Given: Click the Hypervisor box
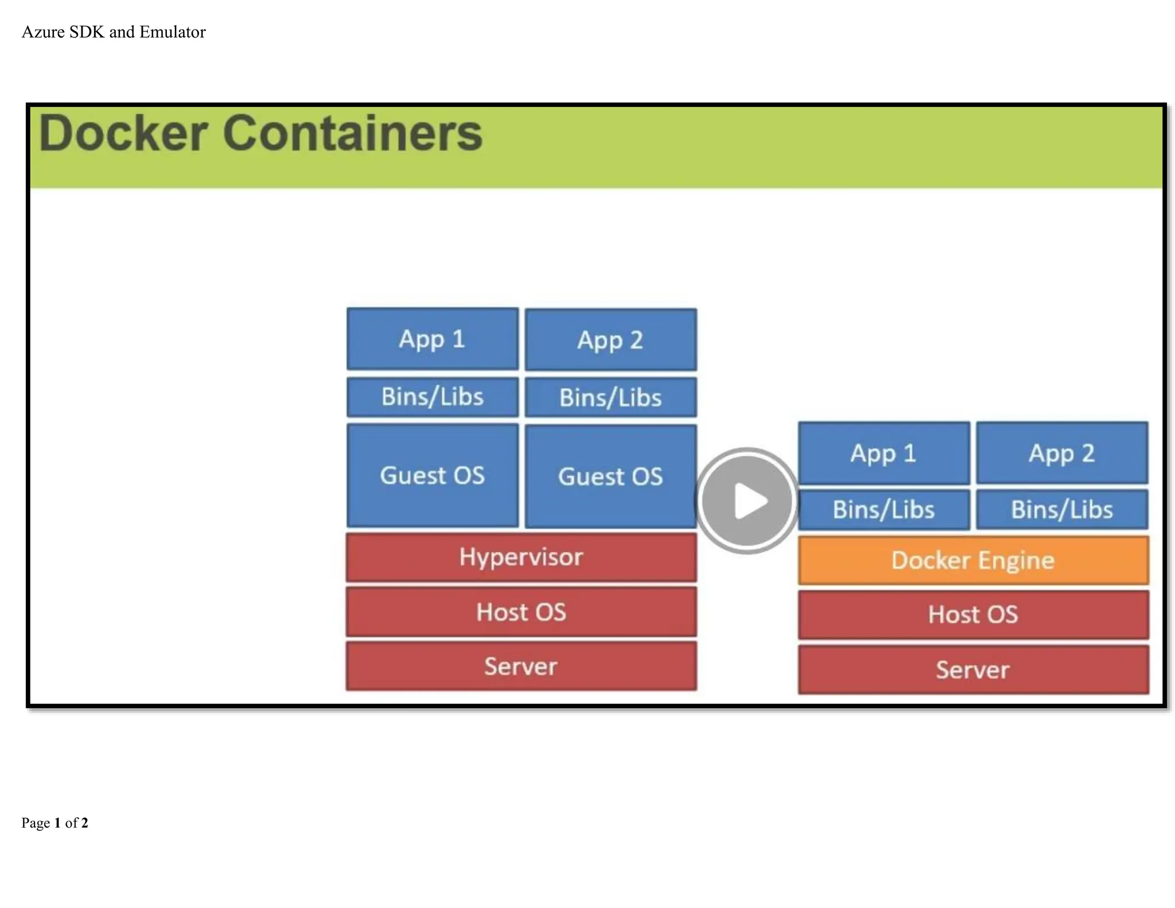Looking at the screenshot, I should point(521,557).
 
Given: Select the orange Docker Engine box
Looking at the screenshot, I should point(973,560).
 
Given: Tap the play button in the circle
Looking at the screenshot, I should point(747,500).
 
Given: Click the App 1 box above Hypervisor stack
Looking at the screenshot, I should point(433,339).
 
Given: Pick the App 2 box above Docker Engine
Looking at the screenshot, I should point(1062,453).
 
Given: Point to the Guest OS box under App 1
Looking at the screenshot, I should point(433,475).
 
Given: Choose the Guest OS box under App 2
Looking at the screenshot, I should point(610,476).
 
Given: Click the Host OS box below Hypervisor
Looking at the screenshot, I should point(521,612).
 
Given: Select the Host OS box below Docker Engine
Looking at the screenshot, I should point(973,615).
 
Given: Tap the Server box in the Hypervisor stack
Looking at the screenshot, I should point(521,666).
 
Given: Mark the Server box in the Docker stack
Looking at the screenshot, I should point(973,670).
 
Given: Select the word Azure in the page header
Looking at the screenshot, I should point(43,32).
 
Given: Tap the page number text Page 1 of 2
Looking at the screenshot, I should point(55,823).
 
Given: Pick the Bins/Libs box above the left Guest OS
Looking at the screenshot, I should point(433,397).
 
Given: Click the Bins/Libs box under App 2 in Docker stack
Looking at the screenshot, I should point(1062,510).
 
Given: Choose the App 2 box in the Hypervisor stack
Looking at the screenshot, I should point(610,340).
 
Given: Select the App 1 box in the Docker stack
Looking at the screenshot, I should point(884,453).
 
